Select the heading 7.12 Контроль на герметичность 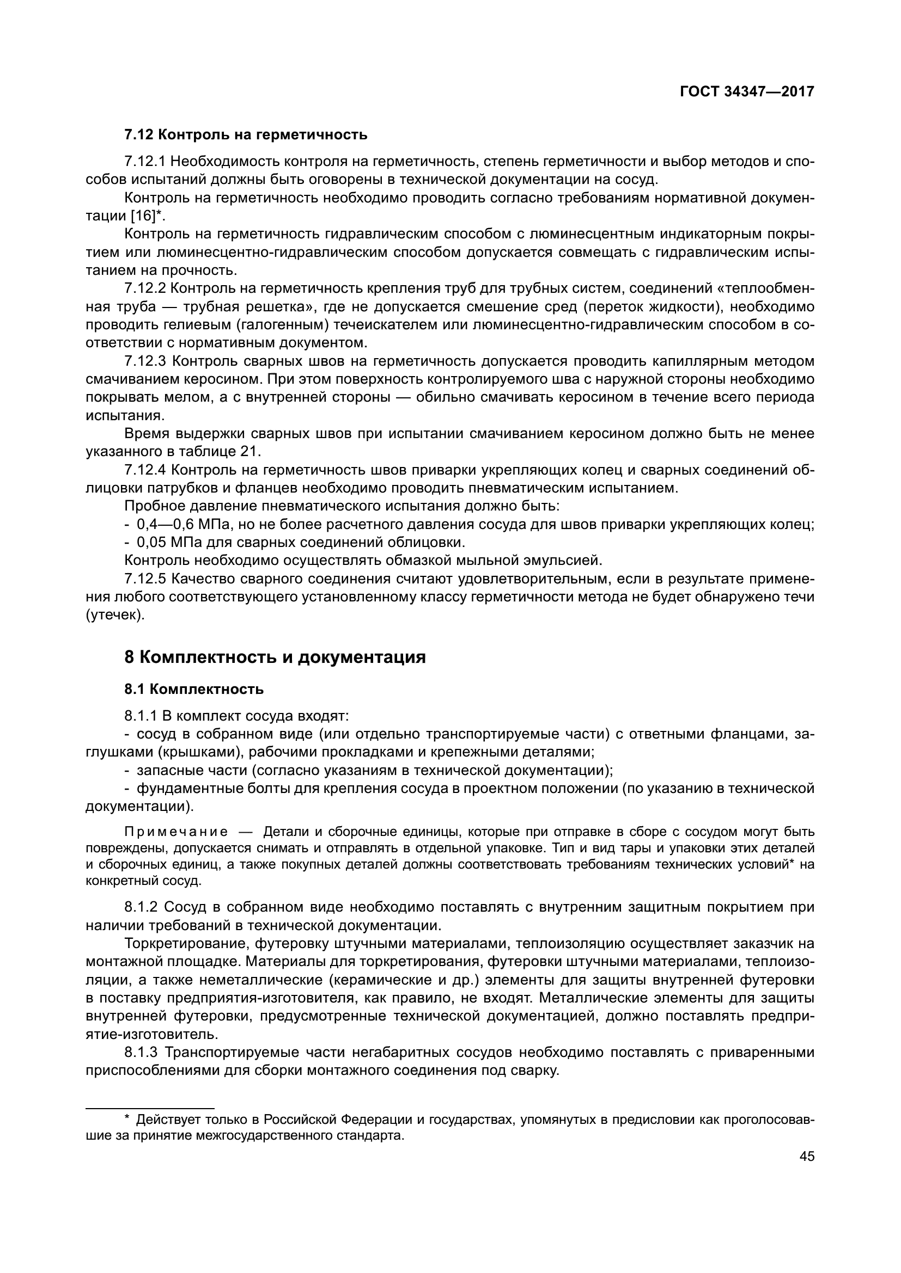pyautogui.click(x=246, y=135)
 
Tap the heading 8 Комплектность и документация pyautogui.click(x=275, y=657)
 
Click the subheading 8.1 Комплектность pyautogui.click(x=194, y=690)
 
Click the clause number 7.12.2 pyautogui.click(x=145, y=289)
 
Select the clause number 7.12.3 pyautogui.click(x=145, y=361)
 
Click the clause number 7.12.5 pyautogui.click(x=145, y=580)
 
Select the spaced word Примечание pyautogui.click(x=176, y=848)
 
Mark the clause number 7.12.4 pyautogui.click(x=145, y=470)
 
